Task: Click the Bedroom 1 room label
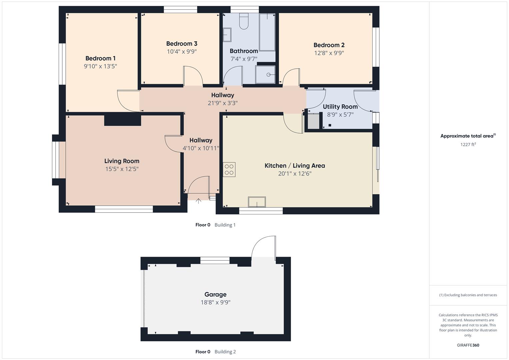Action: coord(100,58)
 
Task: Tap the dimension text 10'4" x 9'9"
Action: coord(182,52)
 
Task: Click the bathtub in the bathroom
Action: coord(267,32)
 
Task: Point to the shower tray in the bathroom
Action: coord(265,74)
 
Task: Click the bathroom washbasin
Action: coord(227,35)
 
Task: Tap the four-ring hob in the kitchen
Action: coord(229,169)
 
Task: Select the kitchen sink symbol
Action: coord(257,202)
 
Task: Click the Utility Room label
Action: coord(340,107)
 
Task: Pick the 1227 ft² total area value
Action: coord(468,144)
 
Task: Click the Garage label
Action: coord(215,294)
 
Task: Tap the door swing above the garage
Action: coord(263,247)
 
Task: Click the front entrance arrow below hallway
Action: coord(198,201)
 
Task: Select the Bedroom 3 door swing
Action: coord(193,76)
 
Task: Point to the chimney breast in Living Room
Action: coord(122,120)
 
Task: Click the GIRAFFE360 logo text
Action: coord(468,345)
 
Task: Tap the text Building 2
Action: coord(225,352)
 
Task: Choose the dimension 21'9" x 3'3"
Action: coord(222,103)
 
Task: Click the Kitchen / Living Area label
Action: coord(295,166)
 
